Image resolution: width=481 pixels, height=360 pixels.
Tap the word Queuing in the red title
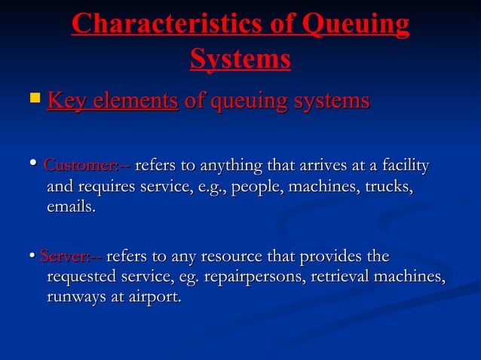[x=354, y=24]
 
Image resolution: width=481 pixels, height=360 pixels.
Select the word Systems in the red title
[x=240, y=59]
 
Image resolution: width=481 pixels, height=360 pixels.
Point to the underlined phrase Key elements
[x=112, y=100]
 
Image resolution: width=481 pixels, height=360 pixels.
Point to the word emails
[x=71, y=206]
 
